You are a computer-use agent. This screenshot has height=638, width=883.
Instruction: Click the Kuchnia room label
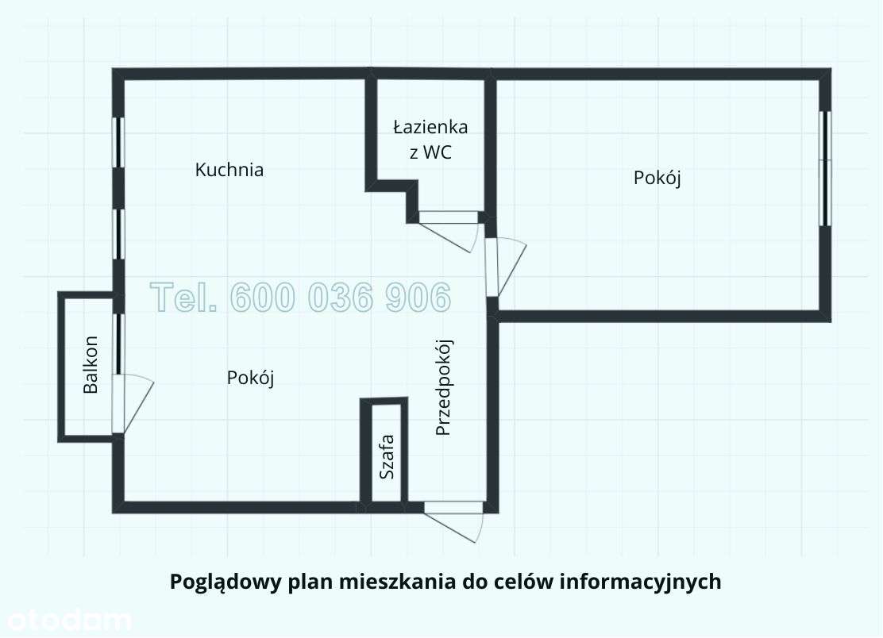tap(229, 170)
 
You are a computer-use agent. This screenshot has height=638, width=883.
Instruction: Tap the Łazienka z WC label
tap(430, 140)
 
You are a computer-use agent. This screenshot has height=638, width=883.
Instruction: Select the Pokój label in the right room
tap(657, 178)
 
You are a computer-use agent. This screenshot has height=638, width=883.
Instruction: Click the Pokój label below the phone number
tap(250, 378)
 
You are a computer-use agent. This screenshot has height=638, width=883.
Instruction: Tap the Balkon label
tap(91, 366)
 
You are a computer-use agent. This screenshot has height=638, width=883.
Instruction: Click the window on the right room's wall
tap(826, 167)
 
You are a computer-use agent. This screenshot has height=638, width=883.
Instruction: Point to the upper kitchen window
tap(118, 142)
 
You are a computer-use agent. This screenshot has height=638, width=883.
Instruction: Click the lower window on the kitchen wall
tap(118, 233)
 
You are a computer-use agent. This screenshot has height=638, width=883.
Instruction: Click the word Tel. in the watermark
tap(183, 298)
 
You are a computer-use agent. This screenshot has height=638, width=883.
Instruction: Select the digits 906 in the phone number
tap(416, 298)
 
